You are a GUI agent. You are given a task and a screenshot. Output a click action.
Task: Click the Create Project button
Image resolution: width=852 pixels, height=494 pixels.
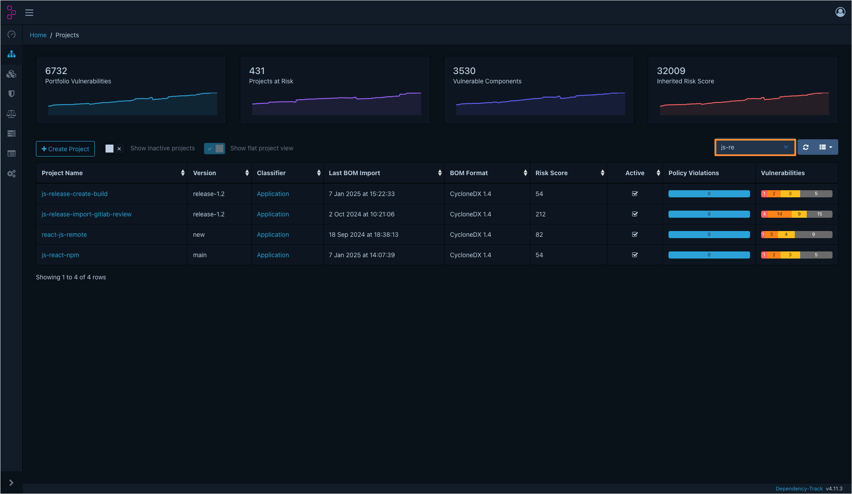(65, 149)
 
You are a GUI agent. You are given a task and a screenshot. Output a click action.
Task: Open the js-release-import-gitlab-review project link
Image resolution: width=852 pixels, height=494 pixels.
(86, 214)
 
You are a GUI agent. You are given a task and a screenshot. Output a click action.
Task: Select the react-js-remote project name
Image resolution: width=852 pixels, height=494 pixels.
(64, 235)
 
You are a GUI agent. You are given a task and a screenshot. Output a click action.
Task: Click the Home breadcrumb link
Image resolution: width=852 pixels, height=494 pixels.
(38, 35)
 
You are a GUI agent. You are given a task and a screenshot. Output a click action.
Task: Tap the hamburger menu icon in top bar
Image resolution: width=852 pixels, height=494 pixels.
(29, 12)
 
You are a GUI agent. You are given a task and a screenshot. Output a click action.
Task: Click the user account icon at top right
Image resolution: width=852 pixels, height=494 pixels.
(840, 12)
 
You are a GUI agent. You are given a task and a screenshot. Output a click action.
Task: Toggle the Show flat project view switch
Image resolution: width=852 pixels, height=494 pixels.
(215, 149)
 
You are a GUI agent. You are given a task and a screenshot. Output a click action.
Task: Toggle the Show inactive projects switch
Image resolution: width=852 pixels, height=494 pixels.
(113, 149)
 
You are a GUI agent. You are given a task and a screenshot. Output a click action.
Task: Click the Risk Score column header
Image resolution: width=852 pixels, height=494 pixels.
(551, 173)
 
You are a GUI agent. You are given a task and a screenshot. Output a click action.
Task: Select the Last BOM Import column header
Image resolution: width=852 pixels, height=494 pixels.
(354, 173)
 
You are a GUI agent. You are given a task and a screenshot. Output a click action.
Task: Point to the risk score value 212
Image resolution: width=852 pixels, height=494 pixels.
(540, 214)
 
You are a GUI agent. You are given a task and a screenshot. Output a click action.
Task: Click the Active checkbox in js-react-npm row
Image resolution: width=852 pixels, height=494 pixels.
(635, 255)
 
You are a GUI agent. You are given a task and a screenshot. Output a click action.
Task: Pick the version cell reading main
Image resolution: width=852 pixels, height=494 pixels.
(200, 255)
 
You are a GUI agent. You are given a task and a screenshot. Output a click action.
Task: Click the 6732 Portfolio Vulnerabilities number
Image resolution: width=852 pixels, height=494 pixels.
(56, 71)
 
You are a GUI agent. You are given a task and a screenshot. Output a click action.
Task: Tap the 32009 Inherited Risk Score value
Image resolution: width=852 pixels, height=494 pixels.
(671, 71)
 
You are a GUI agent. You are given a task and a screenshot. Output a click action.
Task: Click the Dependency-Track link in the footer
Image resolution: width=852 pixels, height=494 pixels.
(799, 489)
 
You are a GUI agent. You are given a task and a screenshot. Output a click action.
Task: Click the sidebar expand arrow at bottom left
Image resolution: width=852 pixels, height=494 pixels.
(12, 482)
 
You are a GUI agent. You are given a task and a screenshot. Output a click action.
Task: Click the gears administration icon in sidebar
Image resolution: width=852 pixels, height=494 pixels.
(12, 174)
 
